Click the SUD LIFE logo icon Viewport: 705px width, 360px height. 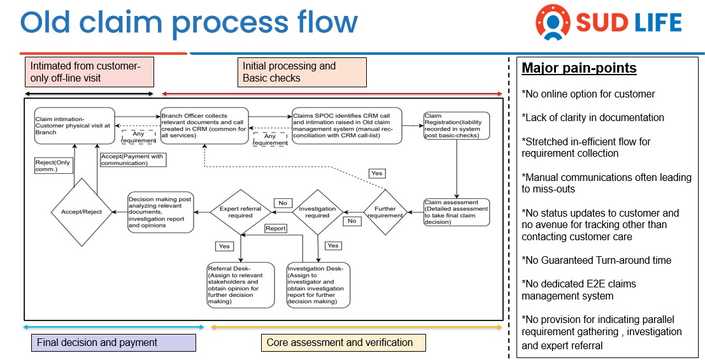(553, 22)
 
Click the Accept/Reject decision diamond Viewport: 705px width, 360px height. (82, 212)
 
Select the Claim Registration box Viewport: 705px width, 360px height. (457, 126)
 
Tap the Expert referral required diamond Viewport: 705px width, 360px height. (241, 212)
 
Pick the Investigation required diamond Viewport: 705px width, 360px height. (317, 212)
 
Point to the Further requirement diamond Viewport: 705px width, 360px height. (385, 212)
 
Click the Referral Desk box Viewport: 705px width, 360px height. (241, 285)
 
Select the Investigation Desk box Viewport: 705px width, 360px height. (318, 285)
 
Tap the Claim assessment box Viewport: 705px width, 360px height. (457, 212)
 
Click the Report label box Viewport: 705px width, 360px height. (276, 229)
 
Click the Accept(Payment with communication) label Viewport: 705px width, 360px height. (132, 160)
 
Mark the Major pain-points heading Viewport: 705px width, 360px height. (579, 68)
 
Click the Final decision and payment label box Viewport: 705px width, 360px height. (114, 342)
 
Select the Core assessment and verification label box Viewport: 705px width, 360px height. (343, 342)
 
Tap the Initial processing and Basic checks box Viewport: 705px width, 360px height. (302, 72)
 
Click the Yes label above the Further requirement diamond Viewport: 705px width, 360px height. (378, 173)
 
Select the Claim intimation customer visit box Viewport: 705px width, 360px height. (75, 126)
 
